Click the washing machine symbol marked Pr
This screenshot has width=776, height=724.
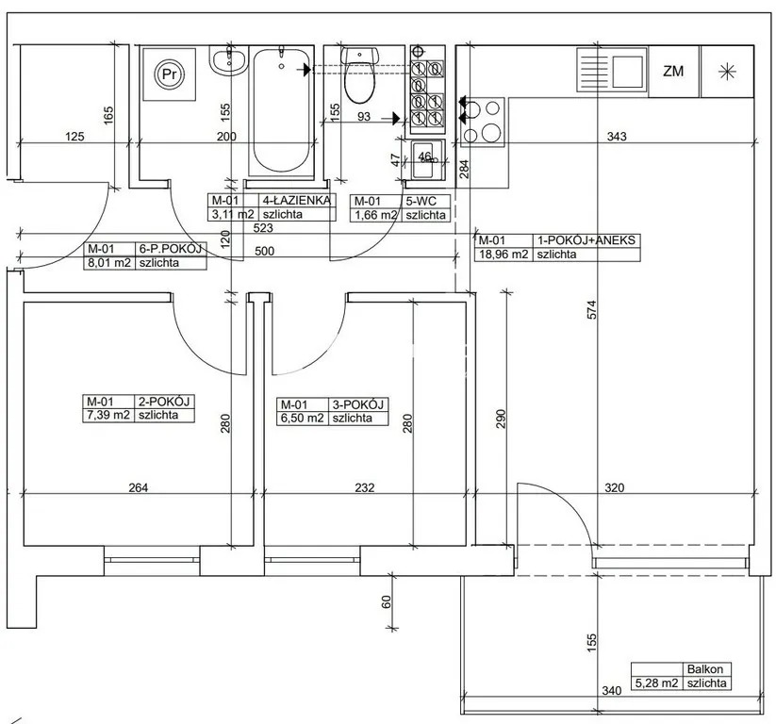click(x=170, y=74)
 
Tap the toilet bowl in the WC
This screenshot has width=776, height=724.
click(x=360, y=74)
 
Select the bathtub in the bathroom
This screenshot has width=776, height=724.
click(x=281, y=111)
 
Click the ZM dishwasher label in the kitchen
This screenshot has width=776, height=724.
click(x=673, y=72)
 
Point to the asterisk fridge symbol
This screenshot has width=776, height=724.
click(x=728, y=72)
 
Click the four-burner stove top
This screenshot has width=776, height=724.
click(x=483, y=122)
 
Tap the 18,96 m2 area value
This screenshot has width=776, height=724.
click(x=503, y=255)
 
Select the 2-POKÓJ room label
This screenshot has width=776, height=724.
click(x=164, y=402)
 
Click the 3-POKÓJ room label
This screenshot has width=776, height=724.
click(x=357, y=404)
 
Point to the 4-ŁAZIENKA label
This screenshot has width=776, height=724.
click(x=296, y=201)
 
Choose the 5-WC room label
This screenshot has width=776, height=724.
click(x=421, y=202)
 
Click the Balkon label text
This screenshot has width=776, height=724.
click(x=704, y=669)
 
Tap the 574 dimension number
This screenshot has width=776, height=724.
click(x=592, y=310)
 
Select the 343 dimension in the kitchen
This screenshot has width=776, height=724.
click(x=617, y=136)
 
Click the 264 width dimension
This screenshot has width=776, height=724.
click(x=138, y=487)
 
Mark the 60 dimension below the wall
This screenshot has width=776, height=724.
click(x=387, y=601)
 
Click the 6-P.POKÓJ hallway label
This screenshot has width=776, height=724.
click(x=171, y=249)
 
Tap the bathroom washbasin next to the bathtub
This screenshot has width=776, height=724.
click(x=228, y=61)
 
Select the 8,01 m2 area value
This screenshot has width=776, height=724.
click(x=109, y=263)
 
